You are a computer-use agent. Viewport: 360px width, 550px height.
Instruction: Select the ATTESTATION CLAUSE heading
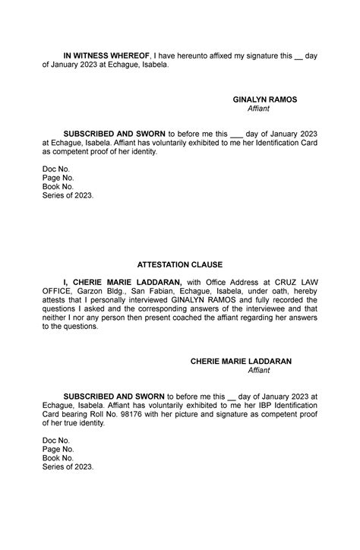[x=179, y=264]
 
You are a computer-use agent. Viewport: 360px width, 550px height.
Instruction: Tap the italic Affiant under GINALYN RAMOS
[x=258, y=109]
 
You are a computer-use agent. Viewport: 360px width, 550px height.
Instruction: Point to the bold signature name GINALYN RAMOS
[x=264, y=100]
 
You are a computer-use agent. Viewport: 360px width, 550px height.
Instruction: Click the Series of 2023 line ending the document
[x=68, y=467]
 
